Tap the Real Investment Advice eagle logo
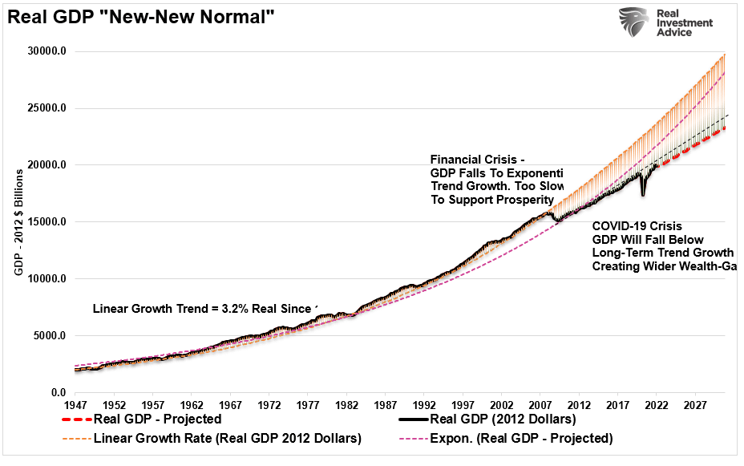[634, 22]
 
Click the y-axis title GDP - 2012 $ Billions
[18, 223]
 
